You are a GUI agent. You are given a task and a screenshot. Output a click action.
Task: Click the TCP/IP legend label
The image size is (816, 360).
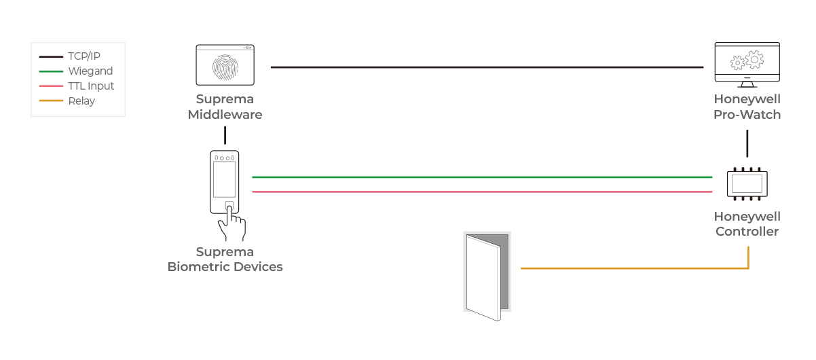pos(84,56)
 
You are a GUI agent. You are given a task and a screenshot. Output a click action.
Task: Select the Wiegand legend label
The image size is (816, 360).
pos(90,71)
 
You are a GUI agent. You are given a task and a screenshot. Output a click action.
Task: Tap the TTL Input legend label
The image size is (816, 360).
pos(91,86)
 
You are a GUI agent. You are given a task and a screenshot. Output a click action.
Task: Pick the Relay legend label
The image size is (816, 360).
pos(81,101)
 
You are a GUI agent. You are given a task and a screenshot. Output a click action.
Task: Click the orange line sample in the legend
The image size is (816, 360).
pos(51,101)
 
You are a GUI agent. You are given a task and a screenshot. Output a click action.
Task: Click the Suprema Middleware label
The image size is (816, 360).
pos(225,107)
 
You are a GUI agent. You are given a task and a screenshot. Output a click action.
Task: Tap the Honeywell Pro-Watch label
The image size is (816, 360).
pos(747,107)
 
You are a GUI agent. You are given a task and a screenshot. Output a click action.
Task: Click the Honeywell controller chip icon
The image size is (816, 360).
pos(747,184)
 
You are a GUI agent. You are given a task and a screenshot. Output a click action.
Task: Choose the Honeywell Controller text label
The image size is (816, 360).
pos(747,224)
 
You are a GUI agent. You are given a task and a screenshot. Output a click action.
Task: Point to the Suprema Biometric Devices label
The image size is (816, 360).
pos(225,259)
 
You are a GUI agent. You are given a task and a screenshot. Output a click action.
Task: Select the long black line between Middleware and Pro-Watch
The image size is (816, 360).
pos(487,67)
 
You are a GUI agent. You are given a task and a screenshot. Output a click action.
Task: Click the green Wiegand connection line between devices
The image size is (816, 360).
pos(482,177)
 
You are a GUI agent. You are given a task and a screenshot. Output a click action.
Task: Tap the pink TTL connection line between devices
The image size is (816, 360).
pos(482,192)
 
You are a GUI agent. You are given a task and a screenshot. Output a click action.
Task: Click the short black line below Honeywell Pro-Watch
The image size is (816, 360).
pos(747,143)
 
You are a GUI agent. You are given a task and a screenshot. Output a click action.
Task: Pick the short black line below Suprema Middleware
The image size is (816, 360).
pos(225,135)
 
